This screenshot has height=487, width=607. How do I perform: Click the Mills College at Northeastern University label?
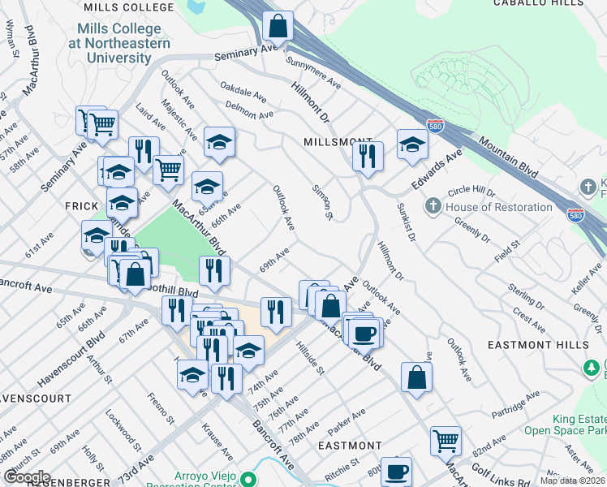click(x=120, y=43)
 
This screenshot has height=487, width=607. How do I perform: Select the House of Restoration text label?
click(x=498, y=207)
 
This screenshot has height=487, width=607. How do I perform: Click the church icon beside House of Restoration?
click(x=434, y=206)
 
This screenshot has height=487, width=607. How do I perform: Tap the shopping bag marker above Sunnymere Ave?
click(x=278, y=26)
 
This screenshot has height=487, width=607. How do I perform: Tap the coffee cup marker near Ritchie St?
click(x=396, y=471)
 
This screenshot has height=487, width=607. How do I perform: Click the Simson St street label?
click(x=322, y=201)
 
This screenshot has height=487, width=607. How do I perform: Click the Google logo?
click(x=27, y=476)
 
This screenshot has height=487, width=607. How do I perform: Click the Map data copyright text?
click(x=574, y=481)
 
